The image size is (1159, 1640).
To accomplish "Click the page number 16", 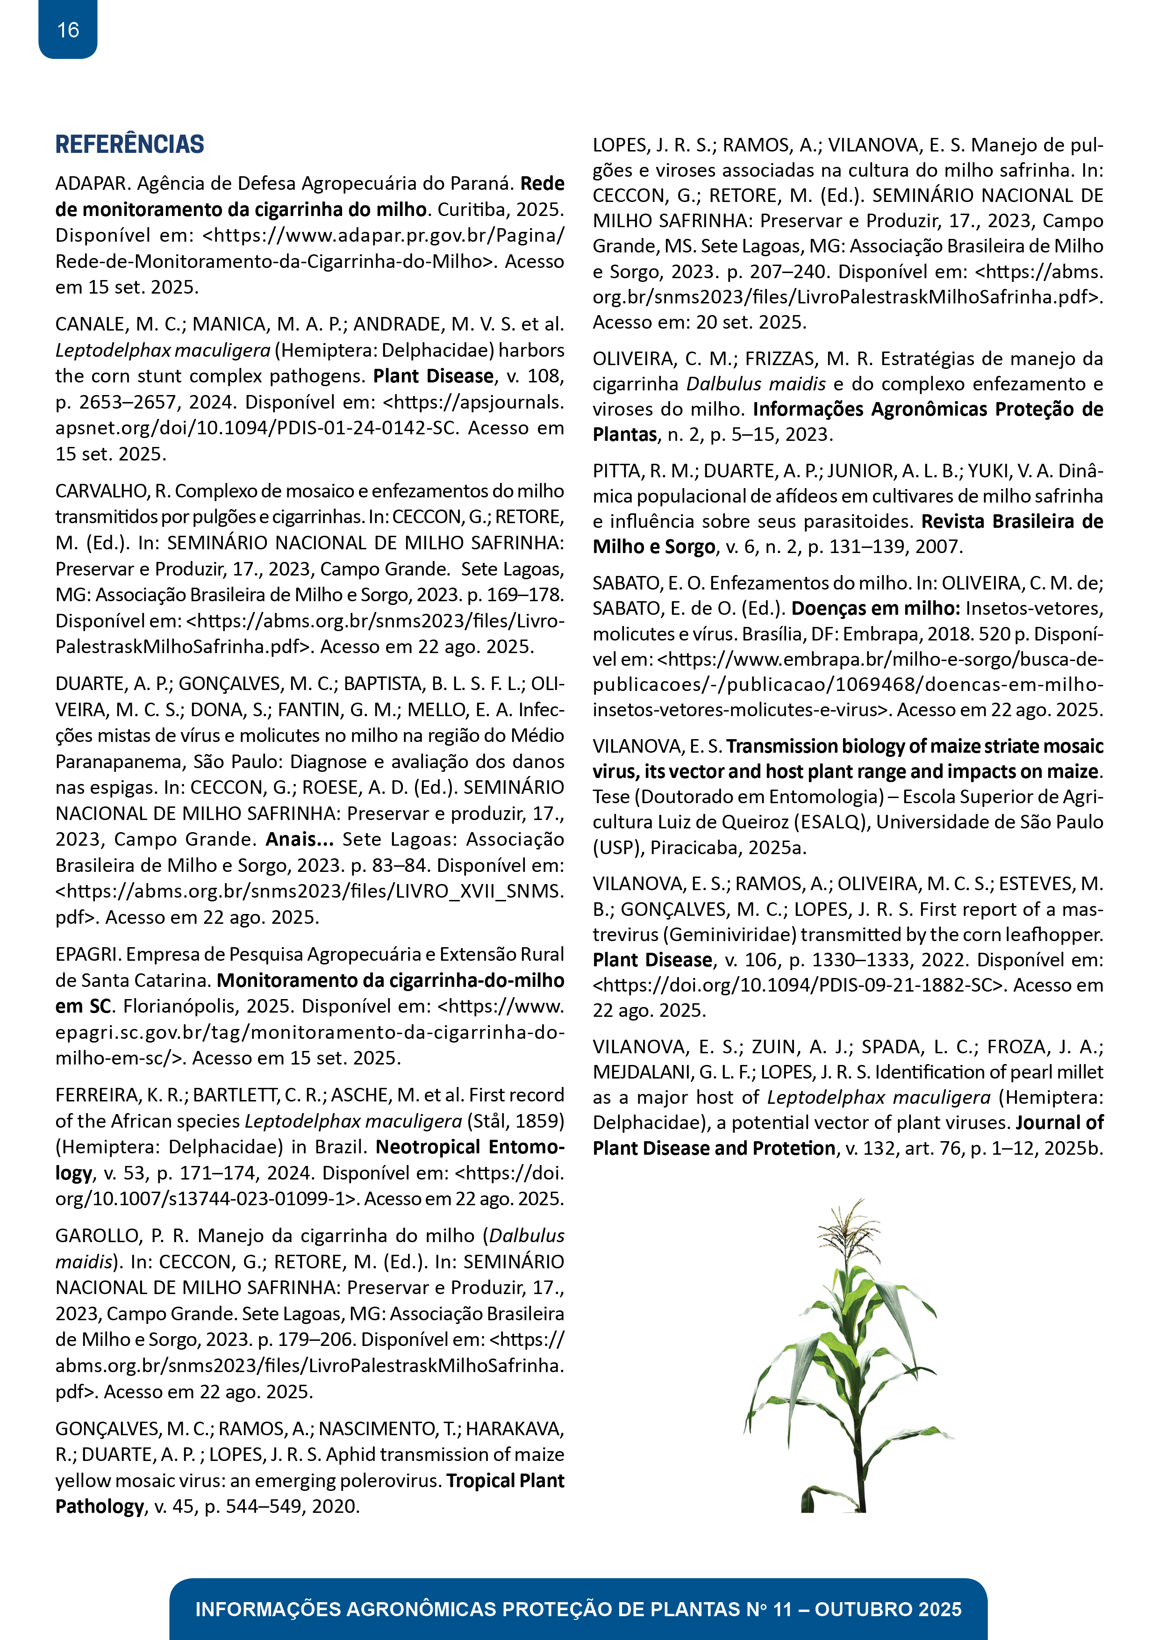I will (68, 30).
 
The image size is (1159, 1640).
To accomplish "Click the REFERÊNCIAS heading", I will (129, 144).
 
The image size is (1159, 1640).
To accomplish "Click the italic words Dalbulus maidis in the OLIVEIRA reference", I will (756, 384).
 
